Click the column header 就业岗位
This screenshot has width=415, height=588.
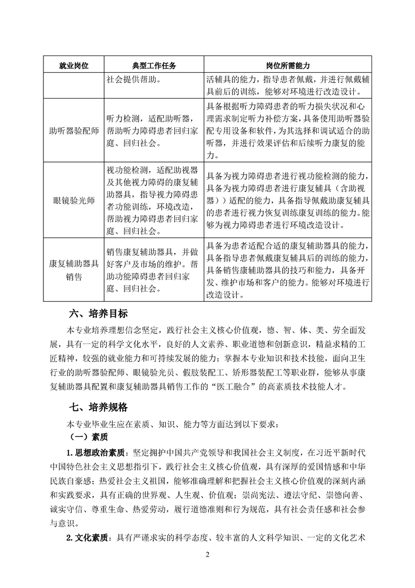[73, 66]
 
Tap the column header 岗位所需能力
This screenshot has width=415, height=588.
[288, 66]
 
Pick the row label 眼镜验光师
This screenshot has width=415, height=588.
[73, 200]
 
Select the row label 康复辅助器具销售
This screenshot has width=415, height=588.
[73, 270]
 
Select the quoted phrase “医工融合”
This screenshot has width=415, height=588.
[246, 387]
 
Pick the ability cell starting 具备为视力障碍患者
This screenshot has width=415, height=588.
[288, 200]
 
